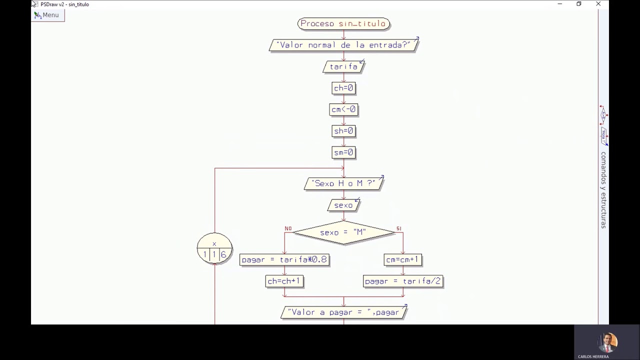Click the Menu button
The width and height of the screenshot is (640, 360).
47,15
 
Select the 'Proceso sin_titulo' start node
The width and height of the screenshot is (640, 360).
343,23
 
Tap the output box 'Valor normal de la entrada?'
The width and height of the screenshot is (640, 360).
343,45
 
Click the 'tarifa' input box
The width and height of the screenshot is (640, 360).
343,66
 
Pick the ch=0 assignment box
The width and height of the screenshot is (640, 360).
343,88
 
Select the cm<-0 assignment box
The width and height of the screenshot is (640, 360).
343,109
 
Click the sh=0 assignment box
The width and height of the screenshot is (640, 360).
343,131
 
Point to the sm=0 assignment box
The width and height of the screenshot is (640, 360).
343,152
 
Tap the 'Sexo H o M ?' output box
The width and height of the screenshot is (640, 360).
343,183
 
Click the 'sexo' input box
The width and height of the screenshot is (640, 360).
343,205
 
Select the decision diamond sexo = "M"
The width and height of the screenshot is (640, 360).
343,232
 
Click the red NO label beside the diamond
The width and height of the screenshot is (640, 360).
288,228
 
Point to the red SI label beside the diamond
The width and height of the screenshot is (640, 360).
398,228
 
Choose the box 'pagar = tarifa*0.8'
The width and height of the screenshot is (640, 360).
284,259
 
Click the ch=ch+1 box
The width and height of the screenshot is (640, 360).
284,281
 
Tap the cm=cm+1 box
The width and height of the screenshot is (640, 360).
402,259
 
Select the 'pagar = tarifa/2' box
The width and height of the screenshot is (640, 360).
402,281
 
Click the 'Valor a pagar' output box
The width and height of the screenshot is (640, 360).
343,312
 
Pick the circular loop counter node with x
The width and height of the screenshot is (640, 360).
214,248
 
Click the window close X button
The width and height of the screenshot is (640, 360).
598,4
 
